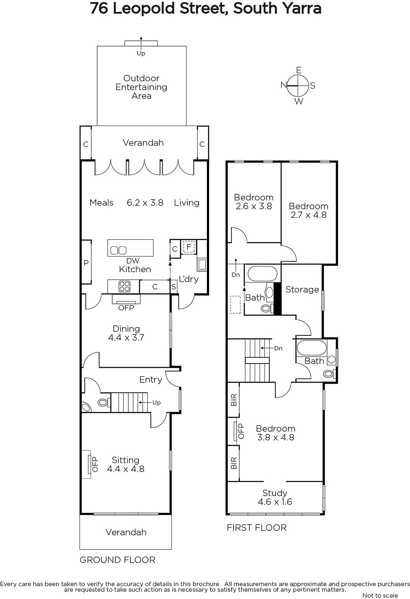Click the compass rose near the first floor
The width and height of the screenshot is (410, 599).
[x=298, y=86]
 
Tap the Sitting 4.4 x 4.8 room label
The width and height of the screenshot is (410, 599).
[x=126, y=465]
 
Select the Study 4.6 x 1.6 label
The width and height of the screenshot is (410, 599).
[x=275, y=498]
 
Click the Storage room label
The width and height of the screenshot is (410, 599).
[x=302, y=289]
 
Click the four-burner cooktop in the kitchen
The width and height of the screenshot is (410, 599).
[x=124, y=286]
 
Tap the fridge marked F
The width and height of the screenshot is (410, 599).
[x=189, y=247]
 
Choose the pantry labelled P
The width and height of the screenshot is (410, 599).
[x=86, y=262]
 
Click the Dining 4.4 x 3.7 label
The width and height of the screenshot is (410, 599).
[x=126, y=333]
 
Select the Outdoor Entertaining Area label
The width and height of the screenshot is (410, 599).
[x=141, y=87]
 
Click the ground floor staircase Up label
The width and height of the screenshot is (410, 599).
[x=156, y=402]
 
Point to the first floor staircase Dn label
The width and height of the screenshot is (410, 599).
[x=278, y=348]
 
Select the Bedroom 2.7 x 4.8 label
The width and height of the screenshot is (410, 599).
[x=309, y=210]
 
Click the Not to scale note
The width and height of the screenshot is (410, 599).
[x=380, y=595]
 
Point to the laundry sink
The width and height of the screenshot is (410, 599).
[x=202, y=264]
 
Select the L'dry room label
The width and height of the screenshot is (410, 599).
[x=189, y=279]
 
